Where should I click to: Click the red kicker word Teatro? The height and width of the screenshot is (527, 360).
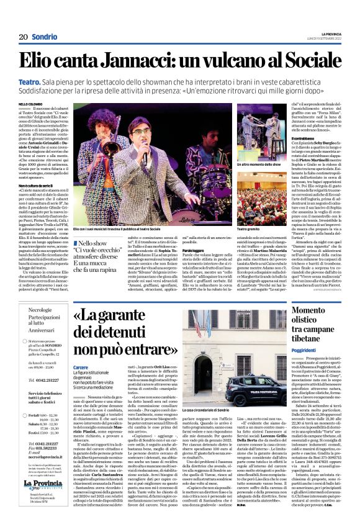pyautogui.click(x=31, y=81)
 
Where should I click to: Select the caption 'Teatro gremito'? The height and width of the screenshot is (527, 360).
pyautogui.click(x=248, y=228)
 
